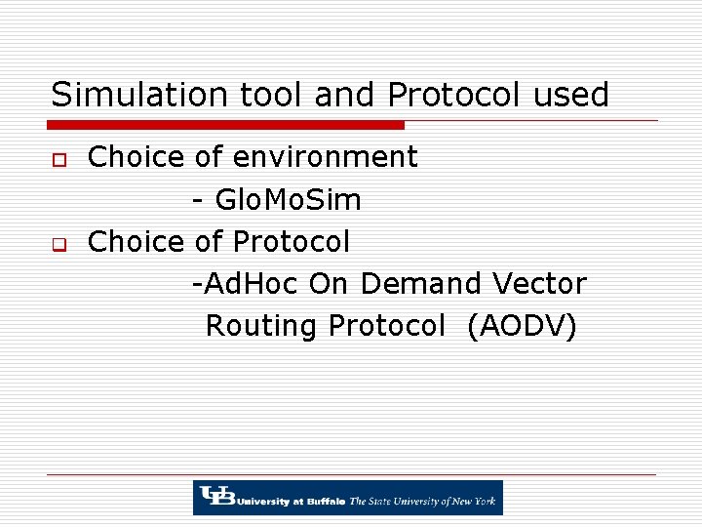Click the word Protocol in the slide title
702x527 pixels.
click(x=455, y=95)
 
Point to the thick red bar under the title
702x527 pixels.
click(x=226, y=125)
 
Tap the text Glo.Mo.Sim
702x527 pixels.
click(x=288, y=200)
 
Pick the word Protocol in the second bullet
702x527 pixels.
click(x=291, y=241)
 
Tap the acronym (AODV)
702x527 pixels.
click(x=522, y=326)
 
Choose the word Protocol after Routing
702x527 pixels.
click(x=386, y=326)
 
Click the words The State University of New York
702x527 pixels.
click(x=423, y=502)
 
